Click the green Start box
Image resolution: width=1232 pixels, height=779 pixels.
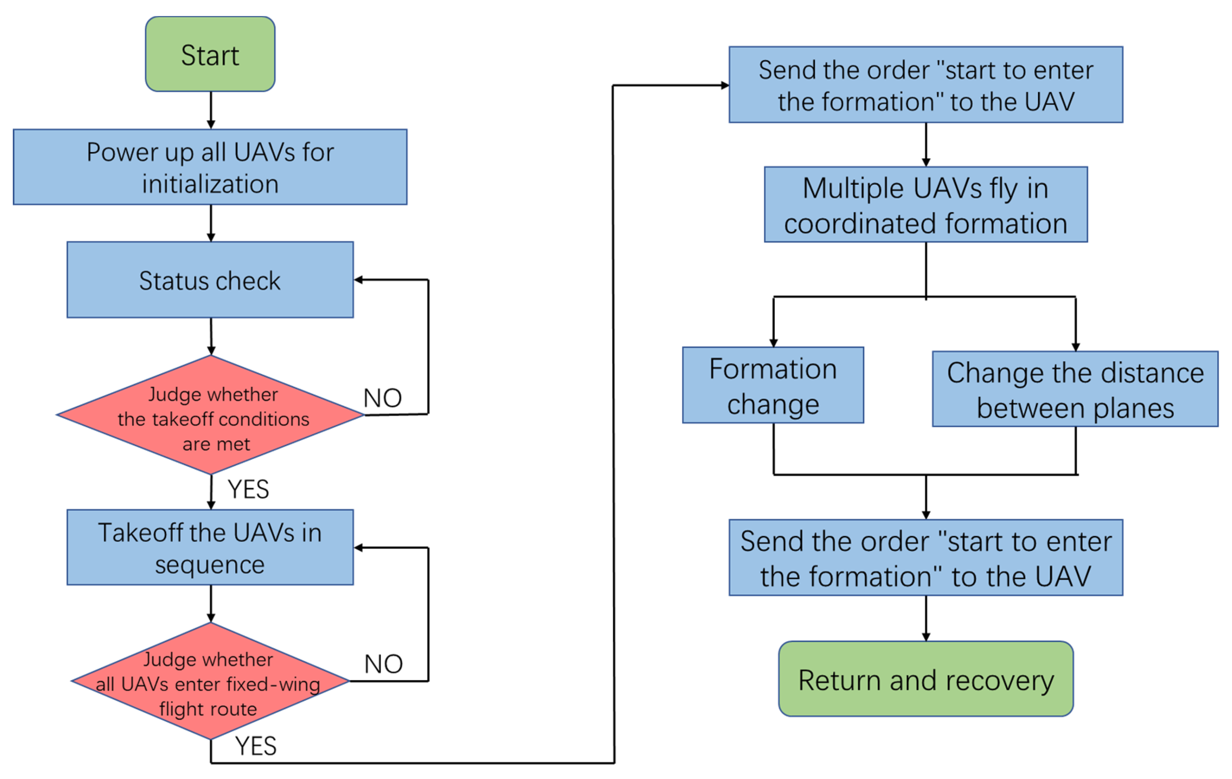coord(210,54)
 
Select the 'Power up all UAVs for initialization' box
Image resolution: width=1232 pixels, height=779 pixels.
coord(210,167)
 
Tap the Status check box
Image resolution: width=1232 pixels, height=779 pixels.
coord(210,280)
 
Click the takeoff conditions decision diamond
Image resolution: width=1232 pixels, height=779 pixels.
coord(210,415)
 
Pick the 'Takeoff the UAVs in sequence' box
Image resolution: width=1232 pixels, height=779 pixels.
coord(210,547)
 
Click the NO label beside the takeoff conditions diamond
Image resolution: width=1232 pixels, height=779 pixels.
coord(383,398)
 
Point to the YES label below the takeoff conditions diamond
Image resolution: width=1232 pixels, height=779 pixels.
coord(248,489)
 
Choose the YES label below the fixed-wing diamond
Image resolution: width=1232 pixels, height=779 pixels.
coord(256,746)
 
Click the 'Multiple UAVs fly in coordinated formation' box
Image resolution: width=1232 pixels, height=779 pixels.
coord(926,204)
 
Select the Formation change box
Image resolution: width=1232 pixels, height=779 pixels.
coord(773,385)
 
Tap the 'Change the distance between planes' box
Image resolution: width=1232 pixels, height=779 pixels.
coord(1076,389)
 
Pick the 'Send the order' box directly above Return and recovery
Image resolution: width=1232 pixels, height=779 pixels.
coord(926,558)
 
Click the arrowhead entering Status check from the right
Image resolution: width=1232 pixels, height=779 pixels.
coord(358,280)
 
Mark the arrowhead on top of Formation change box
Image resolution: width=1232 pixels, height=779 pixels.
coord(773,343)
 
